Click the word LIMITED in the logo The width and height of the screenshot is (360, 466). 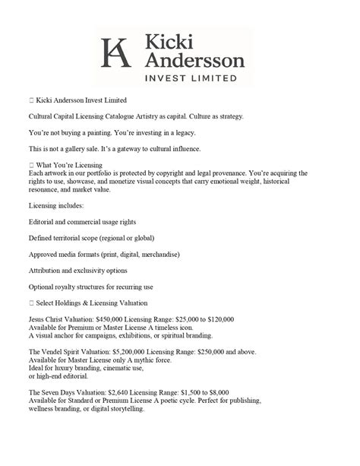(x=211, y=78)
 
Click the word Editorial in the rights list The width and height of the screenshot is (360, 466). (x=43, y=221)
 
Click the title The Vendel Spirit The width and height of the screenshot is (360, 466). (x=57, y=353)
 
